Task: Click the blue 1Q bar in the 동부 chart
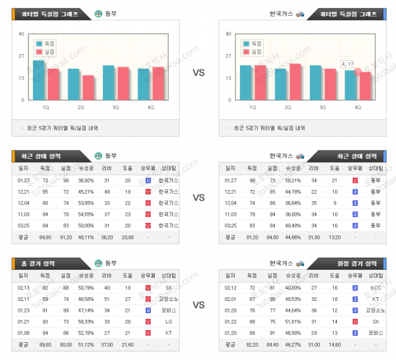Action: point(38,80)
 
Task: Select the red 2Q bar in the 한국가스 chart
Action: point(295,82)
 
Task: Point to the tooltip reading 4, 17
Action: point(348,64)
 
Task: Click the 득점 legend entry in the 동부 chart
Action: point(47,44)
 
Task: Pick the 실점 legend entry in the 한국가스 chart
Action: point(252,52)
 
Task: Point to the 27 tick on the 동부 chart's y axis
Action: point(21,56)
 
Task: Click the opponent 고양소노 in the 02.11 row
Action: point(169,298)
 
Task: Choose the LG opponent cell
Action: point(169,322)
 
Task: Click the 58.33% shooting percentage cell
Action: point(86,322)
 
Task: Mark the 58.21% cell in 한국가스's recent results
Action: point(293,180)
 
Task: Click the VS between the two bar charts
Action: point(199,72)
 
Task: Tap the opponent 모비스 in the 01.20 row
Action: point(375,333)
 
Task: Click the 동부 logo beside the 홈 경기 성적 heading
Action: point(98,264)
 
